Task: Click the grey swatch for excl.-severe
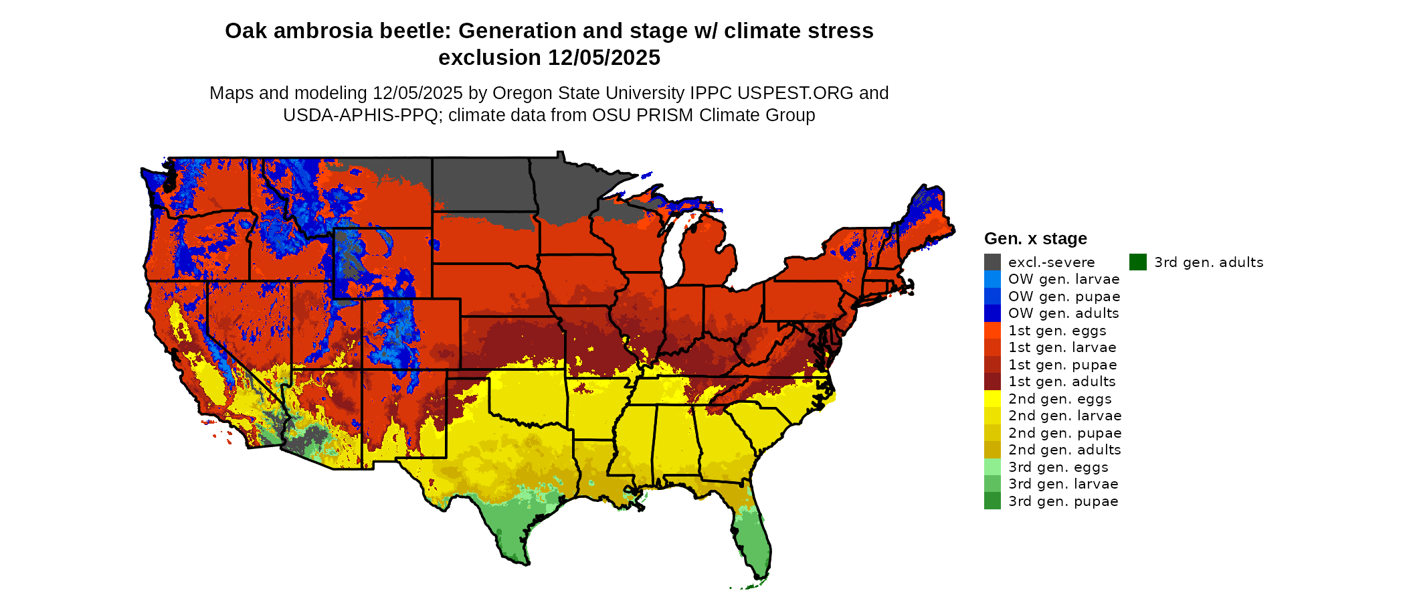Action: coord(992,262)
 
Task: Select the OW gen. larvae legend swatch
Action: coord(992,279)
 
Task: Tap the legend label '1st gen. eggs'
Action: coord(1057,331)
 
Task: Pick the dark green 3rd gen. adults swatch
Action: coord(1137,262)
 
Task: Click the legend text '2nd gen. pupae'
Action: coord(1064,433)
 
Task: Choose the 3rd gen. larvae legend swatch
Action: coord(992,484)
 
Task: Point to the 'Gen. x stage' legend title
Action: coord(1035,239)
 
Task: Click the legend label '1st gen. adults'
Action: coord(1062,381)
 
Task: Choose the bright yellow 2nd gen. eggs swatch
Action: coord(992,399)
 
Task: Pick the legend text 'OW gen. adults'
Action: coord(1063,313)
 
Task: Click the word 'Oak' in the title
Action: coord(243,31)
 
